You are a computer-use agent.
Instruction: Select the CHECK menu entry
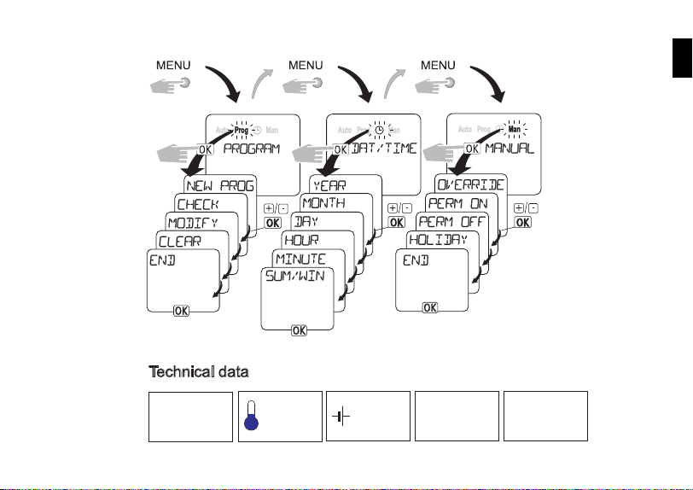[x=198, y=204]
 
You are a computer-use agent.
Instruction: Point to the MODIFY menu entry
[x=192, y=223]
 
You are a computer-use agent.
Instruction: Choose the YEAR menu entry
[x=329, y=184]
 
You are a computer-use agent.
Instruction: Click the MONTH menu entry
[x=329, y=202]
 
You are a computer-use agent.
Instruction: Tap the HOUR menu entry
[x=300, y=239]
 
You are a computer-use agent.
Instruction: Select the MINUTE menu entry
[x=300, y=258]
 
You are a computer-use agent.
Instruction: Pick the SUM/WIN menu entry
[x=295, y=277]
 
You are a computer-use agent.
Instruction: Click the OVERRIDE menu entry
[x=471, y=184]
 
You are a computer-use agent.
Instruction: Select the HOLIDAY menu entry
[x=437, y=240]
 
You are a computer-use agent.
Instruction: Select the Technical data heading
[x=198, y=372]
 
